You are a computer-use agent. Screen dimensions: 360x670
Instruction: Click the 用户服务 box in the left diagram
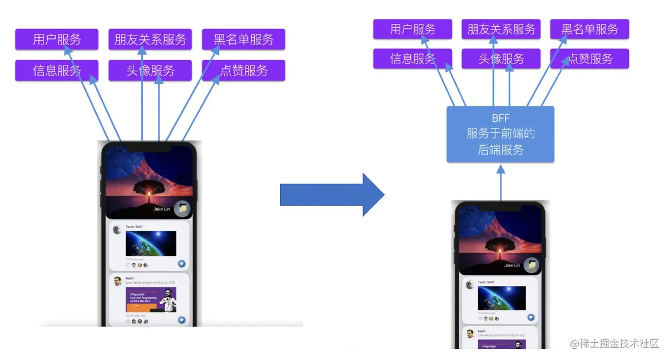click(x=57, y=40)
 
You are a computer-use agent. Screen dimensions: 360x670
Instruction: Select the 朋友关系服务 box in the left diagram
click(x=150, y=40)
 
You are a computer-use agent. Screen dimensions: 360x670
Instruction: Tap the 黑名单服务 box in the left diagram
click(x=244, y=40)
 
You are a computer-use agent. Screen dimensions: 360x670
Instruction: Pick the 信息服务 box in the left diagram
click(x=57, y=71)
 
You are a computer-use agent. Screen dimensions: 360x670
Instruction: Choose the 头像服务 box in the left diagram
click(x=150, y=71)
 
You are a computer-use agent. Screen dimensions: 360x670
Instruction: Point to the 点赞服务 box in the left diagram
click(x=244, y=71)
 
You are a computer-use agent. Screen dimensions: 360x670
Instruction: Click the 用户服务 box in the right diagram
click(x=413, y=29)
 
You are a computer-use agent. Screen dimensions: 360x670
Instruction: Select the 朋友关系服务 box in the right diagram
click(x=501, y=29)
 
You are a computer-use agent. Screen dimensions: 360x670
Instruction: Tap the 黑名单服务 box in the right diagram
click(x=589, y=29)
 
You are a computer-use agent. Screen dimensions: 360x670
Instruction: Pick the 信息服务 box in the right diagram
click(x=413, y=59)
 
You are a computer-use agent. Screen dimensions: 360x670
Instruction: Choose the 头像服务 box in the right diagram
click(x=501, y=59)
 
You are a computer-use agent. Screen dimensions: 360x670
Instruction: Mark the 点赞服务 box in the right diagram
click(x=589, y=59)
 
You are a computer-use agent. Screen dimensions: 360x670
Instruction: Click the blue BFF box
click(x=500, y=134)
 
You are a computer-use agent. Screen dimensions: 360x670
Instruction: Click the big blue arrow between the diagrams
click(x=331, y=194)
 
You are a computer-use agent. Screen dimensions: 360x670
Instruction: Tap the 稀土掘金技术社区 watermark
click(x=615, y=343)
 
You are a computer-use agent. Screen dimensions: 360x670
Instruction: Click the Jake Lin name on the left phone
click(x=162, y=209)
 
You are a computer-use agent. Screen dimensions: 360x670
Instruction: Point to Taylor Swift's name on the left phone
click(x=134, y=227)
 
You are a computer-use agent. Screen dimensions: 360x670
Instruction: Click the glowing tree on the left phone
click(x=148, y=189)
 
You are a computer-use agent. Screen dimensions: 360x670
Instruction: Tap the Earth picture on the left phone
click(x=151, y=243)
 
